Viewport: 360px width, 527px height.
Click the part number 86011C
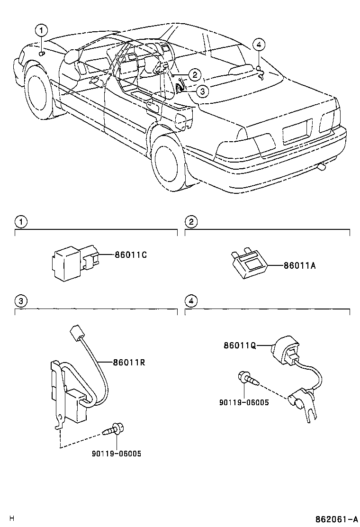[130, 254]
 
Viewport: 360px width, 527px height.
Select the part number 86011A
[299, 266]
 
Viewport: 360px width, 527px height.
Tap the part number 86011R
[128, 363]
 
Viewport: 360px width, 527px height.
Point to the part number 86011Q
[240, 345]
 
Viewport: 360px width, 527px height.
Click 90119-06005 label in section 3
[117, 454]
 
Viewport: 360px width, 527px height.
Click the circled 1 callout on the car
[42, 30]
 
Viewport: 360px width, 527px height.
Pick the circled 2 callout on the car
[194, 74]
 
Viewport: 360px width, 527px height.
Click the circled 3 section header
[20, 300]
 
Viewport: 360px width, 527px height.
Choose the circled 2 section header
[190, 221]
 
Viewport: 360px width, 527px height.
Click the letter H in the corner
[12, 519]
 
